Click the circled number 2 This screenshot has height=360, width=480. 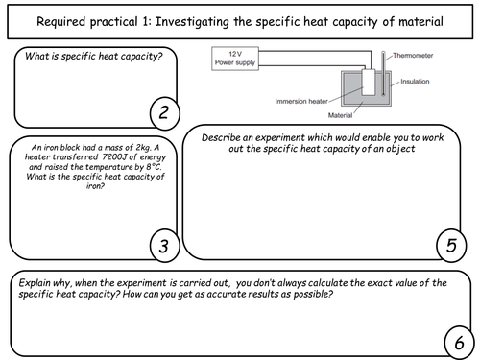click(x=165, y=113)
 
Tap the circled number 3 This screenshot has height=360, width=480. click(x=165, y=246)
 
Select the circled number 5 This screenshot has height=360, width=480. click(x=451, y=245)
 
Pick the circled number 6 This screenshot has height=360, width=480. click(x=460, y=343)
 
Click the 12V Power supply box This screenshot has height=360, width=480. click(x=235, y=59)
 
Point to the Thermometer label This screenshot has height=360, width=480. click(x=413, y=56)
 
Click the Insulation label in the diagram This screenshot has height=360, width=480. click(x=415, y=82)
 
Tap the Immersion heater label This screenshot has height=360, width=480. click(x=301, y=101)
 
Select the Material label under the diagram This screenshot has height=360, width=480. click(x=340, y=115)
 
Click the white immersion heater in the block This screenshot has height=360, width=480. click(x=369, y=83)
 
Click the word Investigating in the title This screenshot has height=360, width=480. click(x=192, y=22)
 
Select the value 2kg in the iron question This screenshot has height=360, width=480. click(x=143, y=148)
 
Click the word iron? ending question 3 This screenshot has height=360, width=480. click(x=95, y=186)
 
